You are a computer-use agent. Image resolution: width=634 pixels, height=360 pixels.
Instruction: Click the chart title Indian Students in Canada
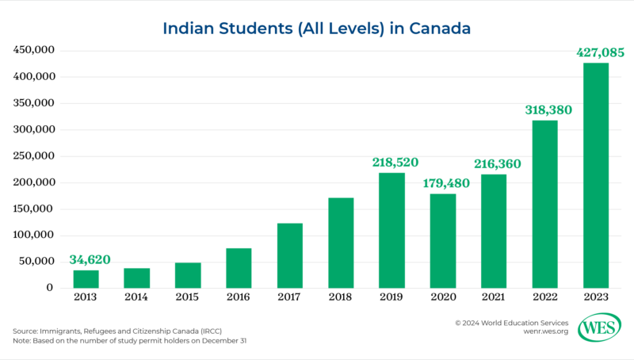(x=317, y=29)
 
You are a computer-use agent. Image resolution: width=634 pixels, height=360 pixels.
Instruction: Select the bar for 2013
(x=86, y=278)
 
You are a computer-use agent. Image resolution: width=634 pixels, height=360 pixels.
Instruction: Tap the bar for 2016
(x=239, y=268)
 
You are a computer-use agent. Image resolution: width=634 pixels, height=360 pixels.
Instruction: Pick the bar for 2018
(x=341, y=243)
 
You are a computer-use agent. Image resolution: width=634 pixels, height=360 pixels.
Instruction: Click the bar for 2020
(x=442, y=240)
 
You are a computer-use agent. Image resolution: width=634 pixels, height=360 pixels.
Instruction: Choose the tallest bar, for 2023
(x=595, y=175)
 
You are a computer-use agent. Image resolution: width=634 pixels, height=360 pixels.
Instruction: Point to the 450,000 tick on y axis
(x=34, y=51)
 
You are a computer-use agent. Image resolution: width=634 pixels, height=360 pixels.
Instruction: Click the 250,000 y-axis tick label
(x=34, y=156)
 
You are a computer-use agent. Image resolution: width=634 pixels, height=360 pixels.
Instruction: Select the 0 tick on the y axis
(x=49, y=288)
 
